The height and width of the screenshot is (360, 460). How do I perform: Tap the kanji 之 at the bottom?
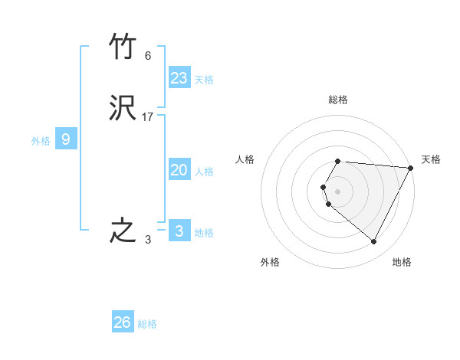[123, 231]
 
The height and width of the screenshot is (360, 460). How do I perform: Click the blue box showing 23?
[179, 78]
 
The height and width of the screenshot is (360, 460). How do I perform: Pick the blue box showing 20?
[179, 171]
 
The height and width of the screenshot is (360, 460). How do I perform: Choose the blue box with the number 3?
[179, 231]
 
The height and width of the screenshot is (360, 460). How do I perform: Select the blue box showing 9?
[66, 139]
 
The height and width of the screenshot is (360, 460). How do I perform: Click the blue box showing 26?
[123, 322]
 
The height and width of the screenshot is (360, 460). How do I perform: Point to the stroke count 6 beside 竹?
[148, 55]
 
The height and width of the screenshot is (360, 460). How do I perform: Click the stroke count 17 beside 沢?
[148, 117]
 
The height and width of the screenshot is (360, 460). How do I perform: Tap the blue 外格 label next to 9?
[41, 141]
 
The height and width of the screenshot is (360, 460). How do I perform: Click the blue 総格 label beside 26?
[147, 324]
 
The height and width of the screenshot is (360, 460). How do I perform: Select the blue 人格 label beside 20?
[204, 172]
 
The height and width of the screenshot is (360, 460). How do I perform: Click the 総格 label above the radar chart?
[338, 100]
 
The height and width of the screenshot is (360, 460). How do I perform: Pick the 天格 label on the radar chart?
[431, 159]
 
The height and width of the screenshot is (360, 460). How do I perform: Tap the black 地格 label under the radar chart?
[402, 262]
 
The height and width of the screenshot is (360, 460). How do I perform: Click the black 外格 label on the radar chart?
[270, 262]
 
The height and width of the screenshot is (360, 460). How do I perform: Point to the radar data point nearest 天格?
[410, 168]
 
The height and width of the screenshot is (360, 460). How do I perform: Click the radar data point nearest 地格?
[374, 242]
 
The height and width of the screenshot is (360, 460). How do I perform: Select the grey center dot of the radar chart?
[338, 191]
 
